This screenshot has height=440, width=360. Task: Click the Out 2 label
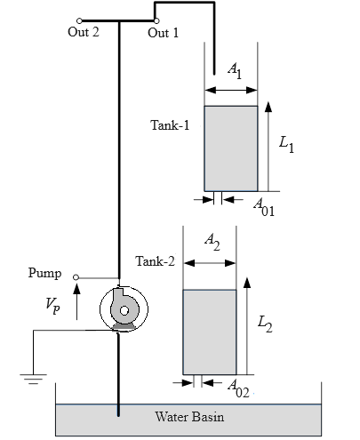click(84, 32)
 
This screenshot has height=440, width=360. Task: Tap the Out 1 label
click(164, 33)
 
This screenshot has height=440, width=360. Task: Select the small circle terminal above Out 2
click(79, 20)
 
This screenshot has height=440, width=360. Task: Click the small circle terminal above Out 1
click(156, 20)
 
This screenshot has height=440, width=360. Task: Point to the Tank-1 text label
click(170, 125)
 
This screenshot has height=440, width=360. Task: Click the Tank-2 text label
click(156, 261)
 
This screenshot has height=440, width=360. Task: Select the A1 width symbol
click(235, 71)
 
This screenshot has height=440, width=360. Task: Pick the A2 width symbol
click(212, 242)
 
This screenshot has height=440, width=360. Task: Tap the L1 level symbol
click(286, 145)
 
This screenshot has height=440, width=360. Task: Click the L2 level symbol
click(265, 324)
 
